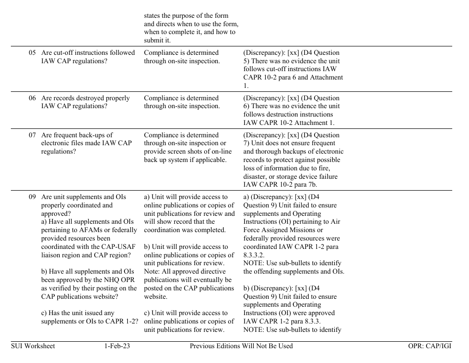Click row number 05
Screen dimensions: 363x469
coord(32,53)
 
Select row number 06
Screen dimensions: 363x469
coord(32,98)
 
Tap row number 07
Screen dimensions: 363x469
coord(32,135)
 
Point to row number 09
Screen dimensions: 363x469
coord(32,197)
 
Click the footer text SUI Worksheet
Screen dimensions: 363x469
coord(33,346)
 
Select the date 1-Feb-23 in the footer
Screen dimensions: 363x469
coord(117,346)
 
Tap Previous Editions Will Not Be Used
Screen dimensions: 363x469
coord(241,346)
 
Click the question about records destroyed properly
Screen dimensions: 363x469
coord(85,102)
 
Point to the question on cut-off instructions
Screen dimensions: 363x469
coord(88,57)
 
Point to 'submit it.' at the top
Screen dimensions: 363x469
coord(157,40)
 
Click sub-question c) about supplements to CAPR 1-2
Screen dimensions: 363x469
coord(89,317)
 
